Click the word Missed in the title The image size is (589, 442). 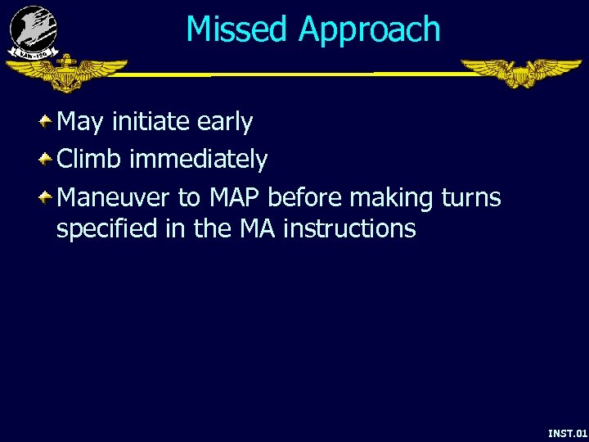[238, 29]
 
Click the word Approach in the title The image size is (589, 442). [369, 31]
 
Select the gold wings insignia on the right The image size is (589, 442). [520, 72]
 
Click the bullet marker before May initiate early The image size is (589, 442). [47, 122]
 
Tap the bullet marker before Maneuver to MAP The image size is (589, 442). [47, 197]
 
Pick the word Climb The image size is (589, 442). [89, 160]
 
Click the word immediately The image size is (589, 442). [198, 160]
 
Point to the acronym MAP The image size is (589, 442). [235, 198]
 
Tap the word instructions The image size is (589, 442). [349, 229]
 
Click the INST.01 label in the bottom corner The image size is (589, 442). [567, 432]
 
